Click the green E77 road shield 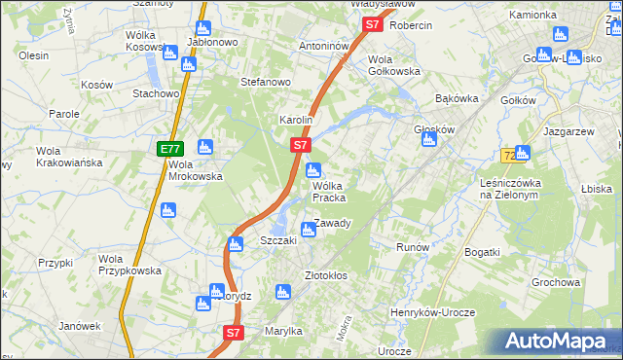click(169, 149)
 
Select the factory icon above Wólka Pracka click(313, 171)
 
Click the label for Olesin click(33, 55)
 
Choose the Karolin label click(295, 120)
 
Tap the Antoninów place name click(323, 46)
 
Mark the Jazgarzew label click(569, 130)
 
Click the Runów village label click(413, 247)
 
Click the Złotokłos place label click(326, 275)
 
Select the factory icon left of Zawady click(309, 231)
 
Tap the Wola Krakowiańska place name click(69, 157)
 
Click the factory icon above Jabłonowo click(202, 29)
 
